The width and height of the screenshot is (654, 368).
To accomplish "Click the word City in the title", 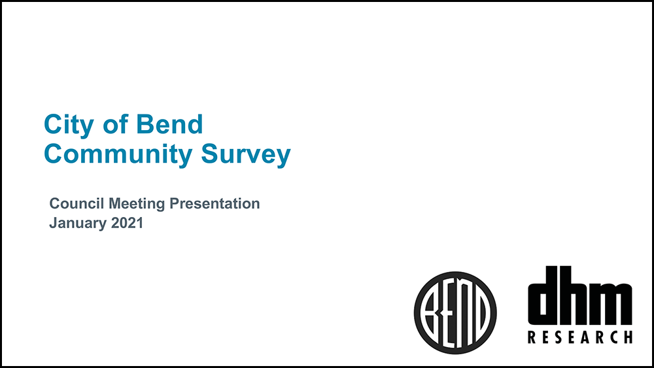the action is point(69,125).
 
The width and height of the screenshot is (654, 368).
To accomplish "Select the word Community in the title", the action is point(118,155).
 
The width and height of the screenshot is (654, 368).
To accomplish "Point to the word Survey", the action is point(246,155).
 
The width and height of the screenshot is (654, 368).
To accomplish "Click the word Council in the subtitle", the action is point(77,203).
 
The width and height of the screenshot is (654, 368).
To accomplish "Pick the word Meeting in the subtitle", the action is point(137,204).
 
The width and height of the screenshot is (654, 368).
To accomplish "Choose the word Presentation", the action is point(215,203).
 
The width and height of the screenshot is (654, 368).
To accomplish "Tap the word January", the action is point(78,223).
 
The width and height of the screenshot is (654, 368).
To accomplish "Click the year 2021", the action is point(128,222).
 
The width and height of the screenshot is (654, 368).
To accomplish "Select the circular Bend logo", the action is point(455,312).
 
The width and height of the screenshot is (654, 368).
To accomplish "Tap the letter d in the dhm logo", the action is point(543,295).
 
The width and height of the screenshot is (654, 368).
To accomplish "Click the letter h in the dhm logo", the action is point(578,295).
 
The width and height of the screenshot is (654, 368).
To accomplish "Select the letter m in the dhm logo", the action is point(615,304).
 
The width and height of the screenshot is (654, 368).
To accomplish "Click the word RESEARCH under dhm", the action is point(580,337).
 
